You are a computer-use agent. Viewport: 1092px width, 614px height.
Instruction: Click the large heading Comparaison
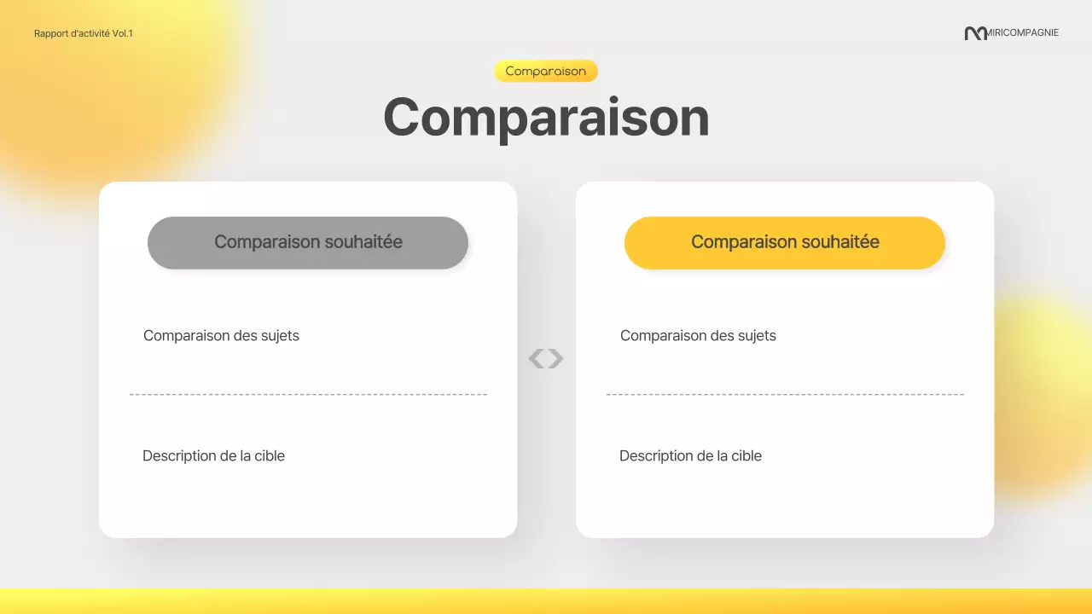point(546,117)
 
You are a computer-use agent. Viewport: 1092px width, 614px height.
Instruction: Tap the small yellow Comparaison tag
point(546,71)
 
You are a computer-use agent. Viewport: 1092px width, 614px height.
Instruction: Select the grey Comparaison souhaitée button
point(308,242)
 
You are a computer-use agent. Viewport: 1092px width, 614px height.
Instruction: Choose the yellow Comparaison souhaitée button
point(785,242)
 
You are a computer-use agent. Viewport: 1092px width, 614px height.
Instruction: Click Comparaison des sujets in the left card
point(221,336)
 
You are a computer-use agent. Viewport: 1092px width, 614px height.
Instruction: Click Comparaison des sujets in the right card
point(698,336)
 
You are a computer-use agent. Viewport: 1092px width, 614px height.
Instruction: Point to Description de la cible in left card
point(213,456)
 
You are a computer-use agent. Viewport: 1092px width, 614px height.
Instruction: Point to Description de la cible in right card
point(690,456)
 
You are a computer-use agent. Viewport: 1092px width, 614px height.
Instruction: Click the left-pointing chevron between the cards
point(536,359)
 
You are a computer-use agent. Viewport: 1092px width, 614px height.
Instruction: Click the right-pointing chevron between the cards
point(556,359)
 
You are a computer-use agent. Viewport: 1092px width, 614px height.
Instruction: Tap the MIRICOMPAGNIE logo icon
point(975,33)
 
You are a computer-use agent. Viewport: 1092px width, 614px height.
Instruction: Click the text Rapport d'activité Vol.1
point(84,33)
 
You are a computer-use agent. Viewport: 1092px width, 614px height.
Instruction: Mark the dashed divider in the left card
point(308,395)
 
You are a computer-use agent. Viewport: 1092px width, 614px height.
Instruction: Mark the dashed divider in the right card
point(785,395)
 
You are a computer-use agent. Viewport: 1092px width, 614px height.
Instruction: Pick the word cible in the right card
point(746,456)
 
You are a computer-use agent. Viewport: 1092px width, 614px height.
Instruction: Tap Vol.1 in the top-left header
point(123,33)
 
